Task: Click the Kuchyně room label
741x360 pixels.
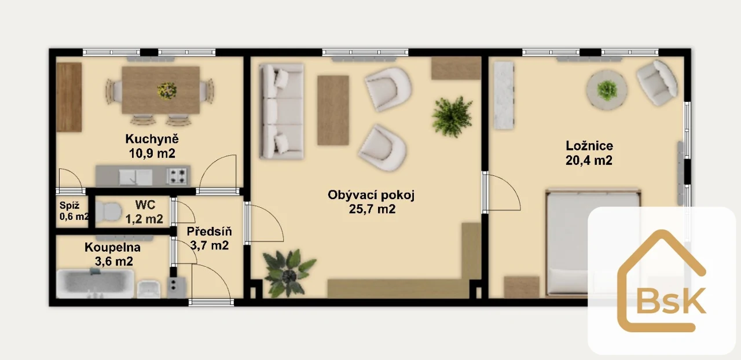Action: [x=152, y=139]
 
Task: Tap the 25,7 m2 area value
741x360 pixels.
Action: [x=372, y=209]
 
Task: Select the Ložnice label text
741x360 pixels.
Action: [x=589, y=146]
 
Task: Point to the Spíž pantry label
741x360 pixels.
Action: [x=69, y=205]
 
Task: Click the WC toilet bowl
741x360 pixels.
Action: [x=108, y=212]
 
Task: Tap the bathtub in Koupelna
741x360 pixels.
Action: [x=95, y=284]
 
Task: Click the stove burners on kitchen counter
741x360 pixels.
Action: [x=178, y=176]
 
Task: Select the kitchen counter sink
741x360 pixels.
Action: [x=135, y=177]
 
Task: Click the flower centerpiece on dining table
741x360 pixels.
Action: [x=167, y=90]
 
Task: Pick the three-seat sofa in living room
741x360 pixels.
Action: [x=281, y=111]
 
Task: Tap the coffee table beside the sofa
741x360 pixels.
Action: [x=333, y=110]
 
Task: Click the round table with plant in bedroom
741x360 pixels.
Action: [x=607, y=90]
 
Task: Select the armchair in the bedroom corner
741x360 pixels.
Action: [x=656, y=83]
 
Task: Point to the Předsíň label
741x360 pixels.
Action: [x=209, y=232]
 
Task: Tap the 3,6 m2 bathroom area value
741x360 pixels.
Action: [x=114, y=262]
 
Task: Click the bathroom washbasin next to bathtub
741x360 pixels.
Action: [x=148, y=289]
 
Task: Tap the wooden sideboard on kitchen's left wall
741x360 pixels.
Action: [x=69, y=97]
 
